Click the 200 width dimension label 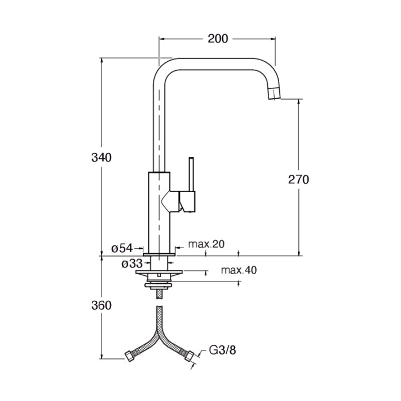pyautogui.click(x=218, y=39)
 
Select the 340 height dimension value pyautogui.click(x=102, y=157)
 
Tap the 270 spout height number pyautogui.click(x=298, y=179)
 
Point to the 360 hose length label pyautogui.click(x=102, y=305)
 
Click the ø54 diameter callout pyautogui.click(x=122, y=248)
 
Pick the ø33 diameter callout pyautogui.click(x=132, y=264)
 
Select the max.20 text pyautogui.click(x=207, y=244)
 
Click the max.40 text pyautogui.click(x=239, y=270)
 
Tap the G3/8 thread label pyautogui.click(x=223, y=350)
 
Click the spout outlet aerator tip pyautogui.click(x=274, y=93)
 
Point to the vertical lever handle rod pyautogui.click(x=191, y=174)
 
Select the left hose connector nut pyautogui.click(x=130, y=356)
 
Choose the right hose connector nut pyautogui.click(x=189, y=356)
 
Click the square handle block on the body pyautogui.click(x=187, y=202)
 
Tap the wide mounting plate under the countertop pyautogui.click(x=159, y=272)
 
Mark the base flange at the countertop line pyautogui.click(x=159, y=255)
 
